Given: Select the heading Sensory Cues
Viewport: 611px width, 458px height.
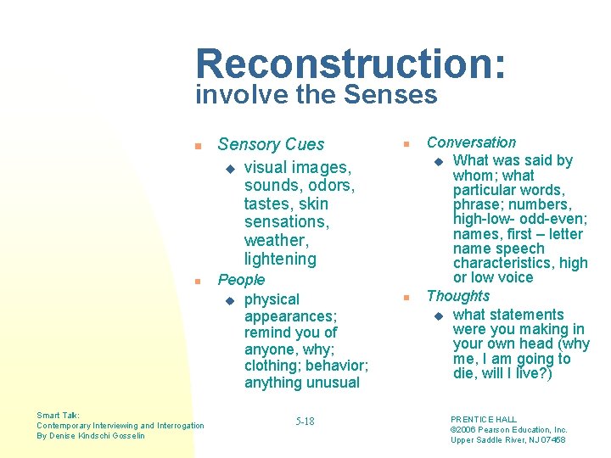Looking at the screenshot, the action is [271, 144].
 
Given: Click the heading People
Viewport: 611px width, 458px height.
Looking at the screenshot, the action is [242, 279].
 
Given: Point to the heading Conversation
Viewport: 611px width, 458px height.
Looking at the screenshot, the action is [471, 142].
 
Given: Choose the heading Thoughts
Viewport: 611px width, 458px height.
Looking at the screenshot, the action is [458, 296].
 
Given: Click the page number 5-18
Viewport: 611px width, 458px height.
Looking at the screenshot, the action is [305, 422].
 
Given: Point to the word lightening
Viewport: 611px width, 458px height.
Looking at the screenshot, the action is [280, 259].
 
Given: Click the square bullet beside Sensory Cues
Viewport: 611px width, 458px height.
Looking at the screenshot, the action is [197, 146].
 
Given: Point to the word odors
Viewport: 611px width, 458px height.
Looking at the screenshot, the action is [327, 185].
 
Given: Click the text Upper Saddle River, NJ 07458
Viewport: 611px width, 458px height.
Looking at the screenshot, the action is [507, 439].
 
